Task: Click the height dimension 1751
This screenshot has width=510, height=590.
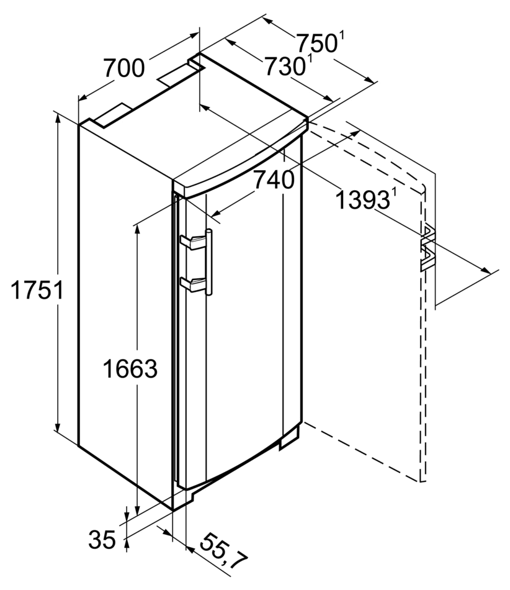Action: [x=37, y=290]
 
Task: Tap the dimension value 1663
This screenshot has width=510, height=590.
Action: [x=130, y=368]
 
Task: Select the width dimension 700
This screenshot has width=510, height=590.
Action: [x=123, y=68]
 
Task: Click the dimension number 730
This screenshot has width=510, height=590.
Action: [x=285, y=66]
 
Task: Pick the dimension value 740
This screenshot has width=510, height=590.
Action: [x=274, y=179]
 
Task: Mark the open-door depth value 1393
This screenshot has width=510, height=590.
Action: [x=362, y=200]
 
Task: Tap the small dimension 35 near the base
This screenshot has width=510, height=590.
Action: [x=102, y=539]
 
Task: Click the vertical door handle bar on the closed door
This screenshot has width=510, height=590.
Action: [x=208, y=262]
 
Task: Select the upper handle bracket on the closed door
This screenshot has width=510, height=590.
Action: [x=193, y=242]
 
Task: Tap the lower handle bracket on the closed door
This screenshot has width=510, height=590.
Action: [x=193, y=284]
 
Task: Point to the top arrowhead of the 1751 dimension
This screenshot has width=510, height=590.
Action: [x=58, y=118]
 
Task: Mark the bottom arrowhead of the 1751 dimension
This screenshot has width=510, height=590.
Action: [x=58, y=426]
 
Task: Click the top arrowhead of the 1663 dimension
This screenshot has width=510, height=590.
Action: [x=138, y=229]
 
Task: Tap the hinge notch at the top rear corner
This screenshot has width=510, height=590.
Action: [x=195, y=63]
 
